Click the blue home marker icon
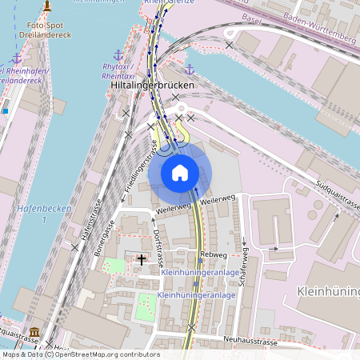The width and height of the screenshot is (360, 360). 180,172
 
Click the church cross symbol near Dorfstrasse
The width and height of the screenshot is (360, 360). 142,260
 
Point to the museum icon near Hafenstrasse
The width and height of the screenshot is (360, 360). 34,332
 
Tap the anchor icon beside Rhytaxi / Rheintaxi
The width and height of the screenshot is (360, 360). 119,55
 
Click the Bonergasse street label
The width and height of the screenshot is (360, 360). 102,240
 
